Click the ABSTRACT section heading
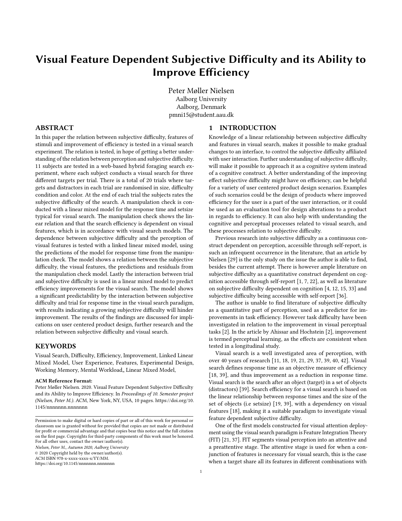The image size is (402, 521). point(54,128)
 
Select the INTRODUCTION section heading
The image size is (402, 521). point(248,128)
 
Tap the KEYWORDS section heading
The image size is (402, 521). point(55,346)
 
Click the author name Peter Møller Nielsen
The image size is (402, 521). point(201,91)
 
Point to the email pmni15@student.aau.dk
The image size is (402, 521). point(201,115)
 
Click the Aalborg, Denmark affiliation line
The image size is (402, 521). point(201,107)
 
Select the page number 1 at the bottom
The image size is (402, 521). point(201,472)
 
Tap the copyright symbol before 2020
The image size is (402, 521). point(37,453)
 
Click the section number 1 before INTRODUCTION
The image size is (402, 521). point(211,128)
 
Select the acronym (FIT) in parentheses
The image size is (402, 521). point(215,440)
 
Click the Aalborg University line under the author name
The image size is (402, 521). point(201,99)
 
